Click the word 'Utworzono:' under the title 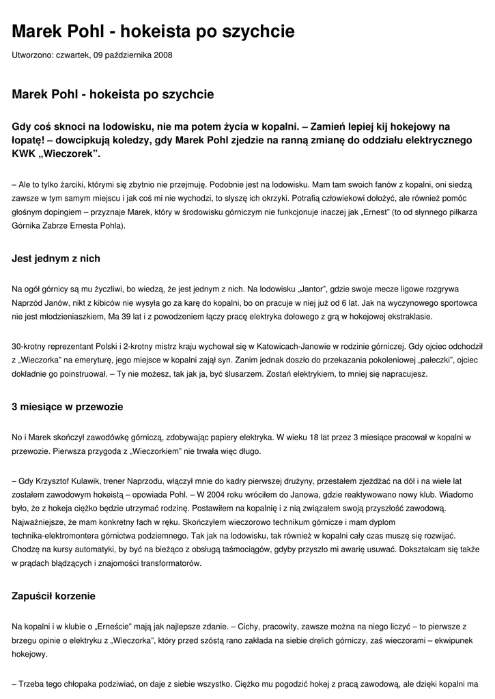[32, 55]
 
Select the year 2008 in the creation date [162, 55]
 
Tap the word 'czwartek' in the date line [72, 55]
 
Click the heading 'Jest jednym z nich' [56, 259]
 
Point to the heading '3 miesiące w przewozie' [68, 407]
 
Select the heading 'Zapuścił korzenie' [54, 596]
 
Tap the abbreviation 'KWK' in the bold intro [25, 154]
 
